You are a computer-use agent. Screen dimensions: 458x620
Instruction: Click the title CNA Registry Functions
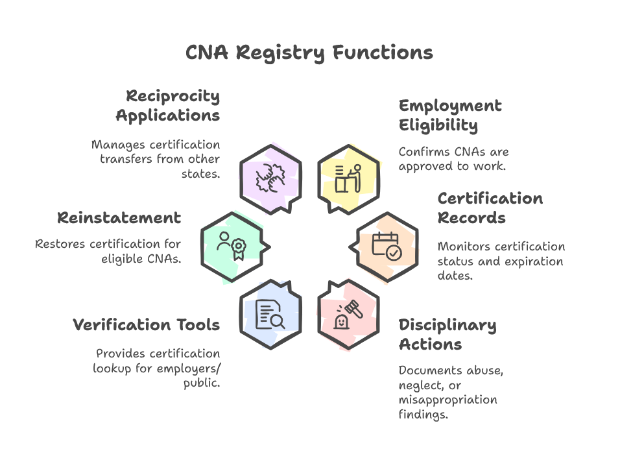(x=309, y=53)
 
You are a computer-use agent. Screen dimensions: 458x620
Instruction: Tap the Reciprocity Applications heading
(x=168, y=106)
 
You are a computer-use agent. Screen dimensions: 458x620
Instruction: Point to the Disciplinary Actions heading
(x=447, y=334)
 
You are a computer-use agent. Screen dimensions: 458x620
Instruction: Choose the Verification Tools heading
(x=146, y=324)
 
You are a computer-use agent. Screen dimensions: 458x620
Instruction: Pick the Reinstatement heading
(x=119, y=217)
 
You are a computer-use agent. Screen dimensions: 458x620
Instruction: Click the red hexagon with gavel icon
(x=348, y=314)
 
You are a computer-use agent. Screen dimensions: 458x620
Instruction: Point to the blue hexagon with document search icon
(x=270, y=314)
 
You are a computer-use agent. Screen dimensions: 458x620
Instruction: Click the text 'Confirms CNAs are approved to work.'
(x=453, y=158)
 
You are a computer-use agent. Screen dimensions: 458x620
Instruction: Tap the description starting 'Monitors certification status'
(x=501, y=261)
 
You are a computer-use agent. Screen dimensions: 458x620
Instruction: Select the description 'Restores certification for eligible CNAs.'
(x=108, y=251)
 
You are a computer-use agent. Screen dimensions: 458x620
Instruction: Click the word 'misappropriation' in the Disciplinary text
(x=447, y=400)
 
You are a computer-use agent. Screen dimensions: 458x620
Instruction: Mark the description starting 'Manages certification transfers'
(x=156, y=159)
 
